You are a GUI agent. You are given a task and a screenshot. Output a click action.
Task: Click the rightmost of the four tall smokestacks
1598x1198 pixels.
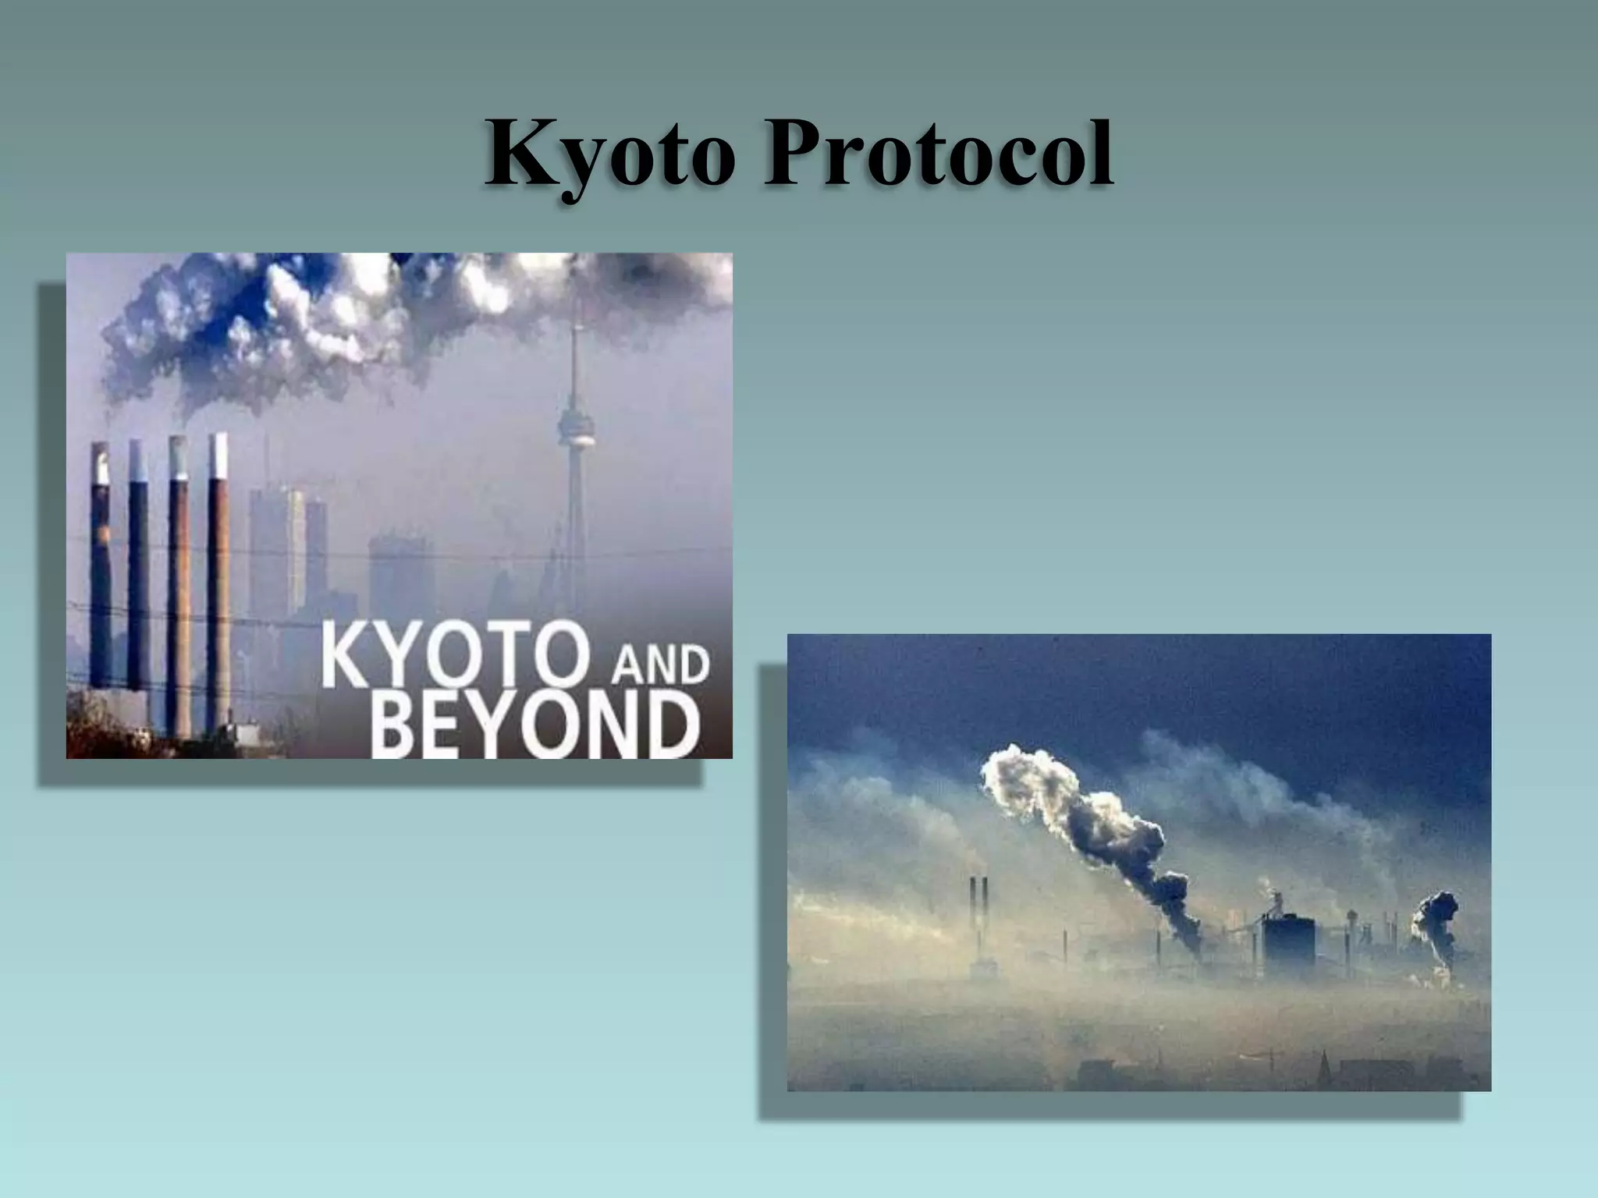click(x=219, y=577)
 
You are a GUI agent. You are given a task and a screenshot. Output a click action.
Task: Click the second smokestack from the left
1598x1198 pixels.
click(x=138, y=569)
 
